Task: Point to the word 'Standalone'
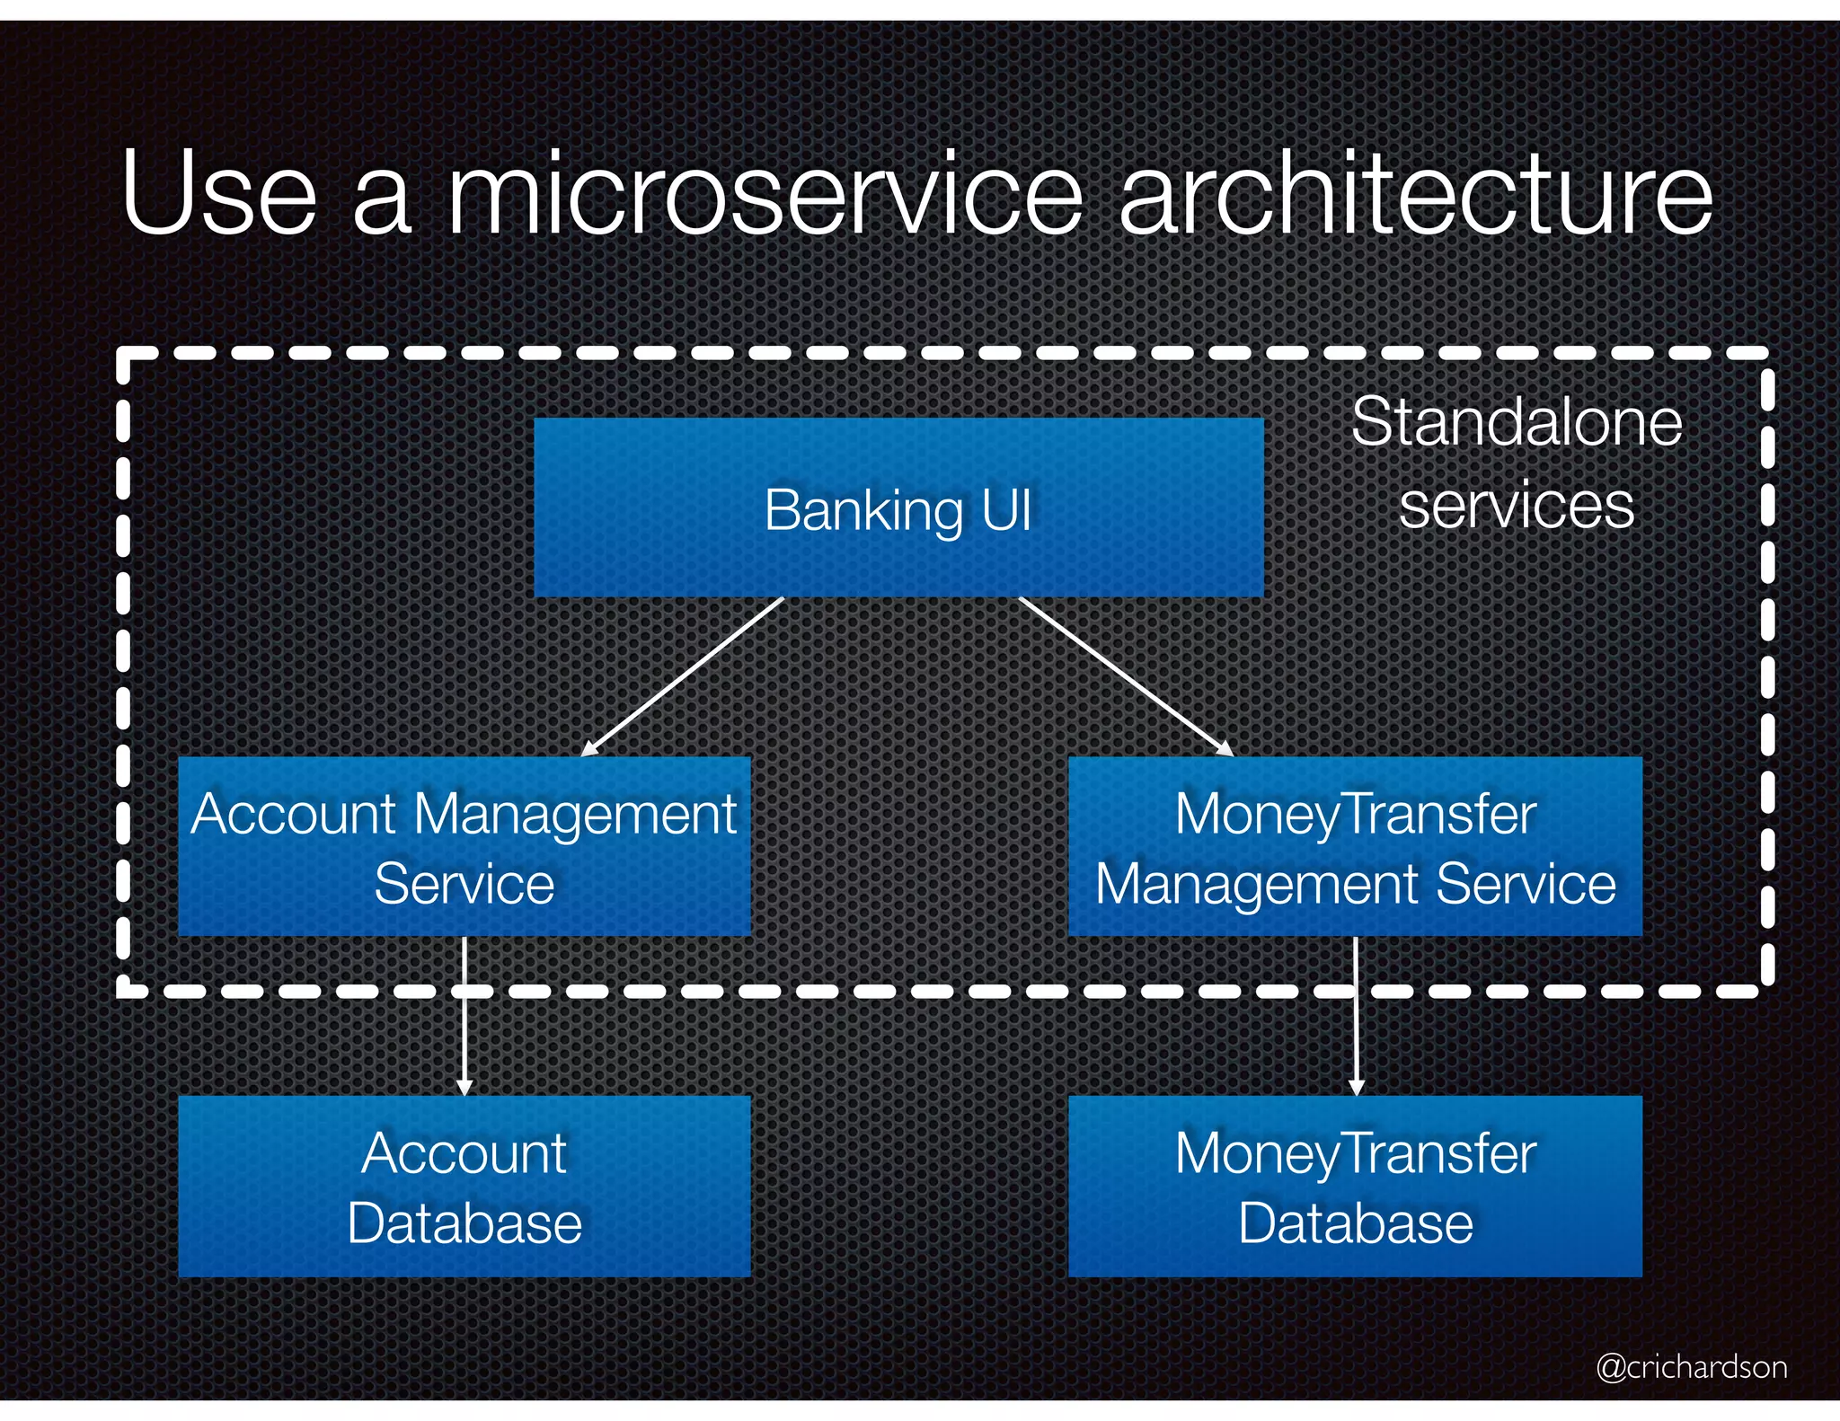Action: (1517, 422)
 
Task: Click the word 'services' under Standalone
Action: (1517, 505)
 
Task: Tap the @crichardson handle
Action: (1692, 1366)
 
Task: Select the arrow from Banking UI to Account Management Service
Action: (683, 676)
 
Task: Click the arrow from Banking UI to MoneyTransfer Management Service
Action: (1125, 676)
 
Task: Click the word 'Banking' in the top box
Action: (863, 511)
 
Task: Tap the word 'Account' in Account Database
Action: (464, 1153)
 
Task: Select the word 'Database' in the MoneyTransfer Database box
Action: (1355, 1223)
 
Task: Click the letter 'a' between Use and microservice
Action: (383, 207)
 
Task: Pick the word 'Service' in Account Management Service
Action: (464, 885)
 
